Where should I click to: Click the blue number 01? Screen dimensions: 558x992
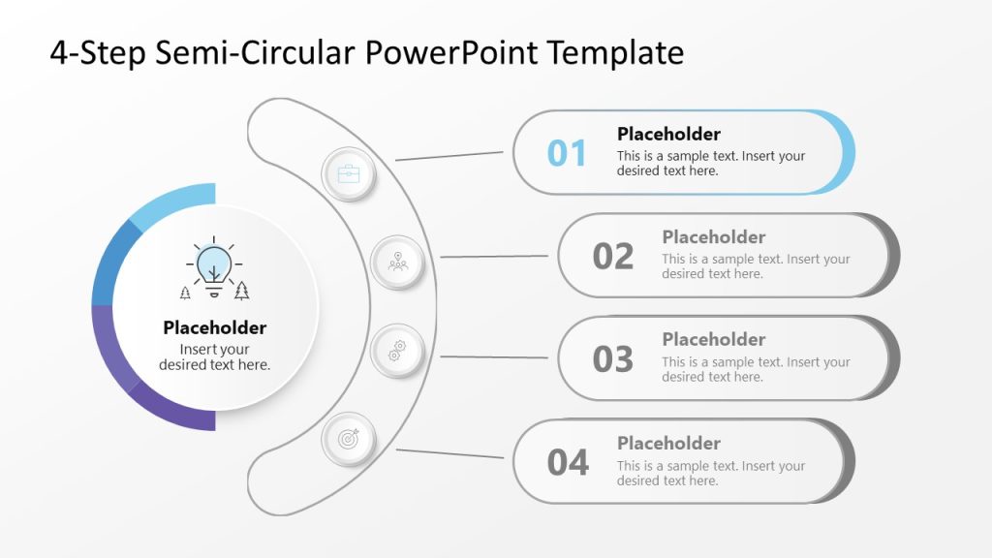[568, 153]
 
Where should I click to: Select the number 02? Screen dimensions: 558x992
[613, 257]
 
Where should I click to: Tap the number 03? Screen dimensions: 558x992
[613, 359]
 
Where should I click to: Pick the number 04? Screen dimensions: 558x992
[568, 463]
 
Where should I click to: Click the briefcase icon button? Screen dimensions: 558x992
[348, 174]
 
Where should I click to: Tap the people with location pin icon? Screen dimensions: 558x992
[398, 263]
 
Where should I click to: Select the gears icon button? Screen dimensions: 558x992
[398, 349]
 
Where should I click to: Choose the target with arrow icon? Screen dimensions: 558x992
[348, 439]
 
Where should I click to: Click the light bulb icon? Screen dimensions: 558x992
[214, 266]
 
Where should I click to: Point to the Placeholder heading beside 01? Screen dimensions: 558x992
[668, 134]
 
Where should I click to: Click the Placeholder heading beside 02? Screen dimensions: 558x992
[714, 237]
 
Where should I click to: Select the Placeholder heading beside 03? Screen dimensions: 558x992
[714, 339]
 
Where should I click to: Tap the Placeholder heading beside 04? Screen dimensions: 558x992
[668, 443]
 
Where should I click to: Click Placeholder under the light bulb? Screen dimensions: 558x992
[214, 327]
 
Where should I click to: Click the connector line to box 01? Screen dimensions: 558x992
[449, 155]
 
